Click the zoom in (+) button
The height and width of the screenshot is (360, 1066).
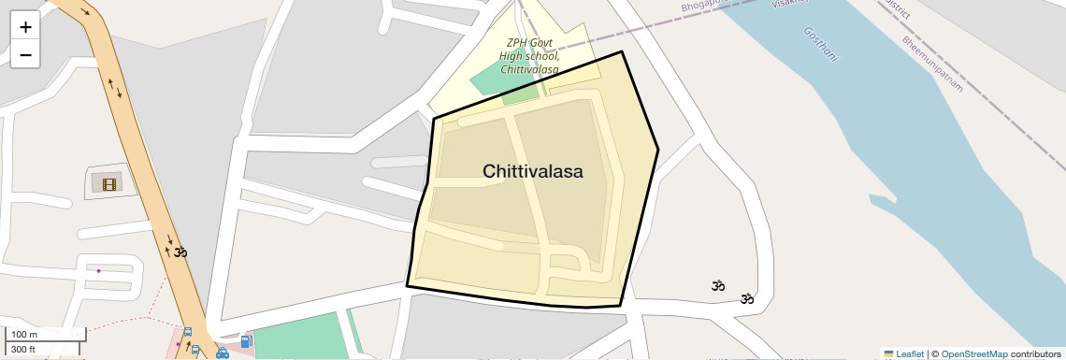(x=25, y=27)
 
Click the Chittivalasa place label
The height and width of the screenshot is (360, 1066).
(x=533, y=171)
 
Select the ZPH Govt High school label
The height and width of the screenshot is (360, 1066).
(x=529, y=56)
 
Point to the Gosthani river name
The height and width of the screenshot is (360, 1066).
(x=822, y=44)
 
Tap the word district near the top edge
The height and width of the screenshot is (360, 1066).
(x=900, y=7)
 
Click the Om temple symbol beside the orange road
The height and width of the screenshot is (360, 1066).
(x=180, y=252)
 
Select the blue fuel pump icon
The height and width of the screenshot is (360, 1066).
(x=246, y=342)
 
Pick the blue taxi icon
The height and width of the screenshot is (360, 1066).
(x=223, y=353)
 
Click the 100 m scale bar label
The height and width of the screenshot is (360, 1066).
(x=25, y=334)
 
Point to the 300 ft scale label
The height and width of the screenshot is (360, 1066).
(x=25, y=349)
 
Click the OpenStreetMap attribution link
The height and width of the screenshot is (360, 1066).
(x=974, y=353)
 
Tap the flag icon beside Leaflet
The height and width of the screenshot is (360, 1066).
(x=889, y=353)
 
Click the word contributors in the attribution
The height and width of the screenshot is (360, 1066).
(x=1035, y=353)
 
